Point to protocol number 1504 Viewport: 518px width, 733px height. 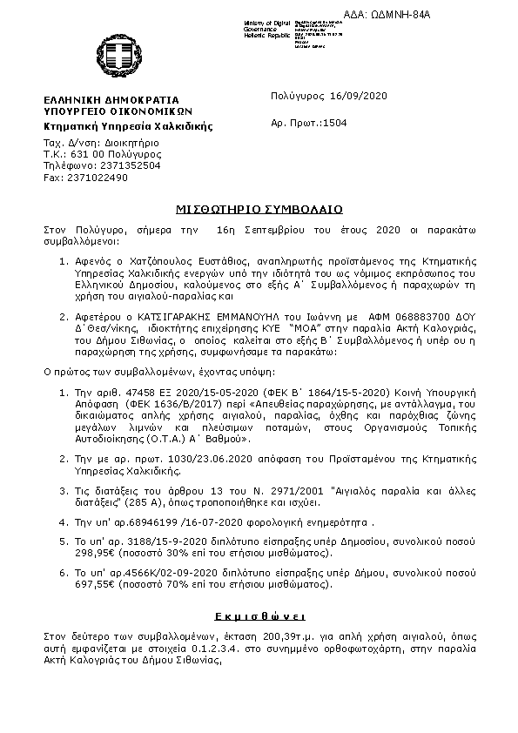[x=334, y=124]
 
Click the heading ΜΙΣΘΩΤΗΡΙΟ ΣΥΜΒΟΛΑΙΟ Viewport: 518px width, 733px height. [x=258, y=209]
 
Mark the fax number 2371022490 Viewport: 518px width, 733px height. [x=98, y=177]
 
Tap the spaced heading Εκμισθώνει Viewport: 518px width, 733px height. [x=259, y=613]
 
